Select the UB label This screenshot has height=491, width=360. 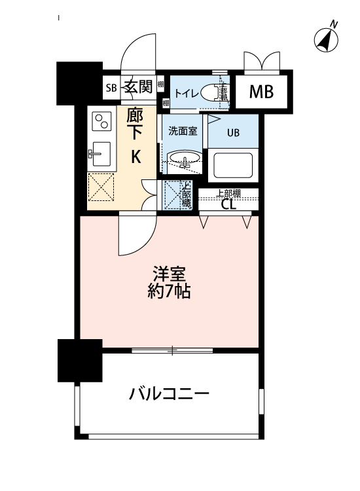(233, 132)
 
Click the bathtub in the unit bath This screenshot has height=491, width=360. (233, 166)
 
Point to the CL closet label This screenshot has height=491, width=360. (228, 204)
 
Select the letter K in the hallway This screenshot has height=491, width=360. (136, 156)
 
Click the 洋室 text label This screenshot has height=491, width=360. (168, 272)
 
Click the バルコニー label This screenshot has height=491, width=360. (169, 394)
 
